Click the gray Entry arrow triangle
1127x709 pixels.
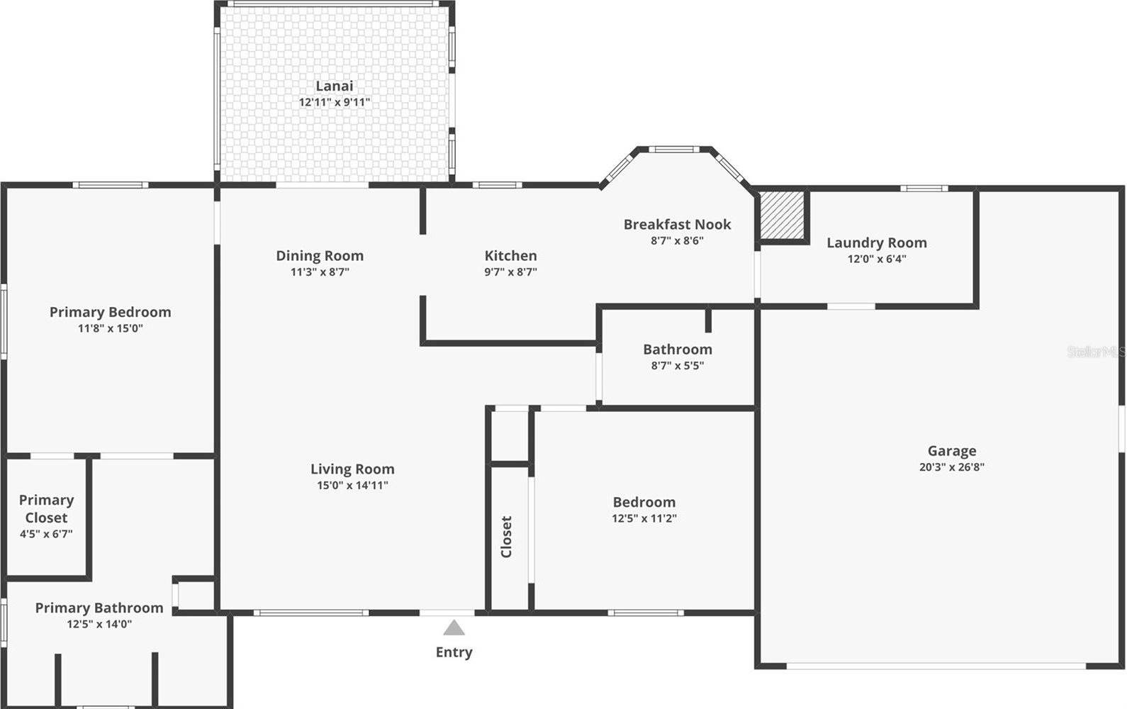point(454,628)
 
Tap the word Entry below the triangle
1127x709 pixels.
point(454,652)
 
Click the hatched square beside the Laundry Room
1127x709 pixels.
point(783,216)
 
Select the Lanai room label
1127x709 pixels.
point(334,86)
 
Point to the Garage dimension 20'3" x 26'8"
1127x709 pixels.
point(951,467)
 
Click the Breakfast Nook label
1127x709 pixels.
point(677,224)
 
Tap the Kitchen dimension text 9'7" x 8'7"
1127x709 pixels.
point(510,272)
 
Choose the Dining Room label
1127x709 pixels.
point(320,255)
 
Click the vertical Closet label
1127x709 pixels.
point(506,537)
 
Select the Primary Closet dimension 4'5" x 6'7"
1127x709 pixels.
point(46,534)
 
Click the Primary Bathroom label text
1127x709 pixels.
point(99,608)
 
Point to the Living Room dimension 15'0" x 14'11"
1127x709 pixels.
point(352,486)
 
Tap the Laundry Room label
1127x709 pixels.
point(876,242)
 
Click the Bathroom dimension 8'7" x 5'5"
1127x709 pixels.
point(677,366)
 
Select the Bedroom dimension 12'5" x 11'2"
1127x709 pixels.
point(644,518)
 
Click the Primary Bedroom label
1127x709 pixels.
point(110,312)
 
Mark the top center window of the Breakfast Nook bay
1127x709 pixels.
point(674,150)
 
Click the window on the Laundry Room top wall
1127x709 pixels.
point(924,189)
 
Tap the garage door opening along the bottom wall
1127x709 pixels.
point(936,666)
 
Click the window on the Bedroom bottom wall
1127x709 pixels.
point(646,613)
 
